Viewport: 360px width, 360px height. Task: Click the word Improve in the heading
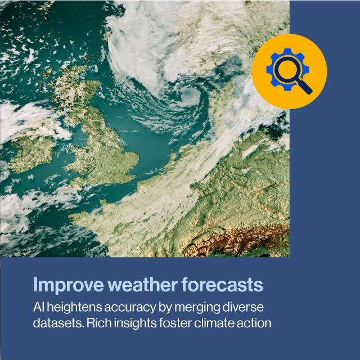[x=69, y=285]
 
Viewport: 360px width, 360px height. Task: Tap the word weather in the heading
[x=142, y=285]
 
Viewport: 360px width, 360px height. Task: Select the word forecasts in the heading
[x=222, y=285]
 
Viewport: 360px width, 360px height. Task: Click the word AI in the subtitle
[x=39, y=307]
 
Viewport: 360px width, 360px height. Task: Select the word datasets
[x=58, y=323]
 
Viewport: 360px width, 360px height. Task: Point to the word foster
[x=175, y=323]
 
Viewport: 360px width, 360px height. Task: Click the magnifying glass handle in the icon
[x=304, y=86]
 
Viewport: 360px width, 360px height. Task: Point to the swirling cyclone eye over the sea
[x=190, y=96]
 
